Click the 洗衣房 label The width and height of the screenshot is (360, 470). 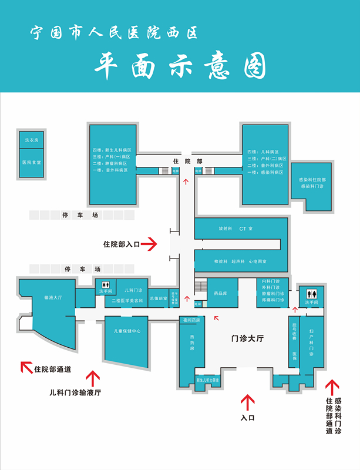31,141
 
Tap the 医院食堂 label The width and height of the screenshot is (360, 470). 31,162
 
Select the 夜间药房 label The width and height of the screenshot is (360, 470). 192,320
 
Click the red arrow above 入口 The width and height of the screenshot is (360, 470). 247,402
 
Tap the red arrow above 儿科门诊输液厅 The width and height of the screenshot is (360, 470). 92,377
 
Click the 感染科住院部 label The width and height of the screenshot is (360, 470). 312,179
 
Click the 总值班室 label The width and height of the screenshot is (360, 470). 159,298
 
